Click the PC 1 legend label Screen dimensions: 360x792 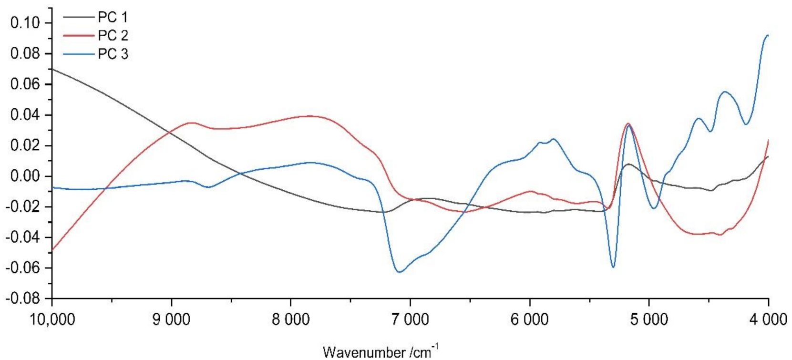tap(113, 18)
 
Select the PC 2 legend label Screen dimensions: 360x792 tap(113, 36)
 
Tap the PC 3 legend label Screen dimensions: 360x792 tap(113, 54)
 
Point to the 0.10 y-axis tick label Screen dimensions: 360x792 tap(27, 23)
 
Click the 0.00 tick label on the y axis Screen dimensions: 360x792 tap(27, 176)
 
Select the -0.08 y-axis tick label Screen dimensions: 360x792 tap(25, 299)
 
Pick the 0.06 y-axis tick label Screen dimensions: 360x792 tap(27, 84)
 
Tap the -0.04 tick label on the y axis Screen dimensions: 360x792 tap(25, 237)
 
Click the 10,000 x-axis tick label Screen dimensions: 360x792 tap(52, 319)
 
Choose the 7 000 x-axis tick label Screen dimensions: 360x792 tap(410, 319)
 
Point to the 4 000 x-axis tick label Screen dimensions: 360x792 tap(768, 319)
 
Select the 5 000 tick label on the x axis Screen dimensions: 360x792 tap(648, 319)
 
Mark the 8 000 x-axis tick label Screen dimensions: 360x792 tap(291, 319)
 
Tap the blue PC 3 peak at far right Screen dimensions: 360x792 tap(767, 35)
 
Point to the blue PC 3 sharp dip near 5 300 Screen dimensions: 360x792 tap(613, 267)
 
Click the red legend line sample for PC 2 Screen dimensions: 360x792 tap(79, 36)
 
